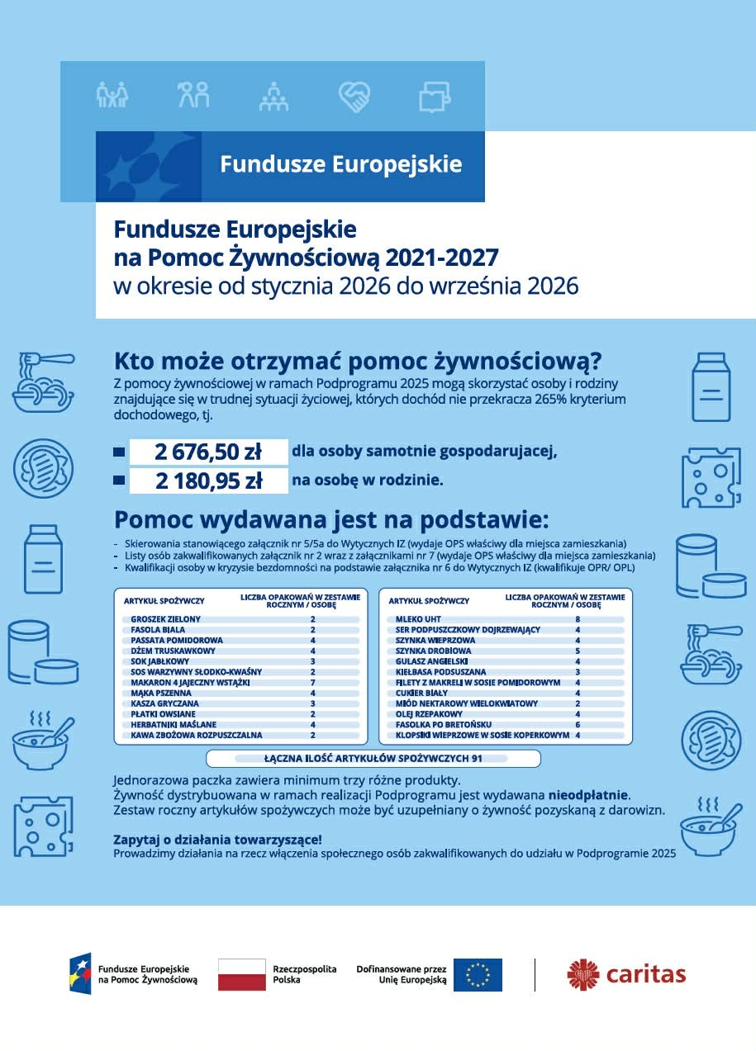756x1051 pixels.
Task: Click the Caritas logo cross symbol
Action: [x=582, y=974]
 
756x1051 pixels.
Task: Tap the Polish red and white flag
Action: [x=241, y=974]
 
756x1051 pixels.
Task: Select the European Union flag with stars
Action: [x=478, y=974]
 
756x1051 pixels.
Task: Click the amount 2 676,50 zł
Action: [x=207, y=452]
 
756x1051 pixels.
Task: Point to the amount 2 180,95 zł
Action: [x=207, y=481]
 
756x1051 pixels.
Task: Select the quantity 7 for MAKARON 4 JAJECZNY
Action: [x=312, y=683]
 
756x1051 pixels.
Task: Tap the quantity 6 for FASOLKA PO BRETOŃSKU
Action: [x=578, y=724]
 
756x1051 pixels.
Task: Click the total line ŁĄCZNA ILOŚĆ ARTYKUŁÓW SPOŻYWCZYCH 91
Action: [x=373, y=758]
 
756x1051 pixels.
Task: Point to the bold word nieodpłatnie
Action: [x=588, y=795]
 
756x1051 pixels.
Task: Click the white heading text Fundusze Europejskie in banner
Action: [x=340, y=163]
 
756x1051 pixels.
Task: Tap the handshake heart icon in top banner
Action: [x=354, y=96]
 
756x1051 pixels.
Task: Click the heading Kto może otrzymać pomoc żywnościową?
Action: [x=357, y=362]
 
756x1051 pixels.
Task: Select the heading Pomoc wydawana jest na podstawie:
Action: [x=330, y=520]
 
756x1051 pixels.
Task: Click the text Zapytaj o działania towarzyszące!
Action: [x=216, y=839]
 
